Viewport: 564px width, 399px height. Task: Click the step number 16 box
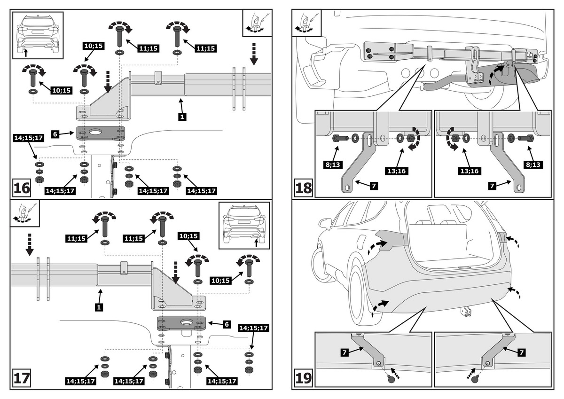click(22, 188)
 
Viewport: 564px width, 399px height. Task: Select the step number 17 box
click(22, 379)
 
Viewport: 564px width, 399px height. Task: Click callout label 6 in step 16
click(55, 134)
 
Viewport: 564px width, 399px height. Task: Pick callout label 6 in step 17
click(226, 324)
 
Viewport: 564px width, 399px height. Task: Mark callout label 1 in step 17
click(99, 307)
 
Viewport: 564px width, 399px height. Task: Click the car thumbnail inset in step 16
click(38, 35)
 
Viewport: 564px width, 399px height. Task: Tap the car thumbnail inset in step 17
click(244, 225)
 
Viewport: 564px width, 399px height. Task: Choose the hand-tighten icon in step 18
click(306, 23)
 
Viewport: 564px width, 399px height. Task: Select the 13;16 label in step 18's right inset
click(468, 171)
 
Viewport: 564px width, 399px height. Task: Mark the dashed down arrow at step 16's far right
click(254, 53)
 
